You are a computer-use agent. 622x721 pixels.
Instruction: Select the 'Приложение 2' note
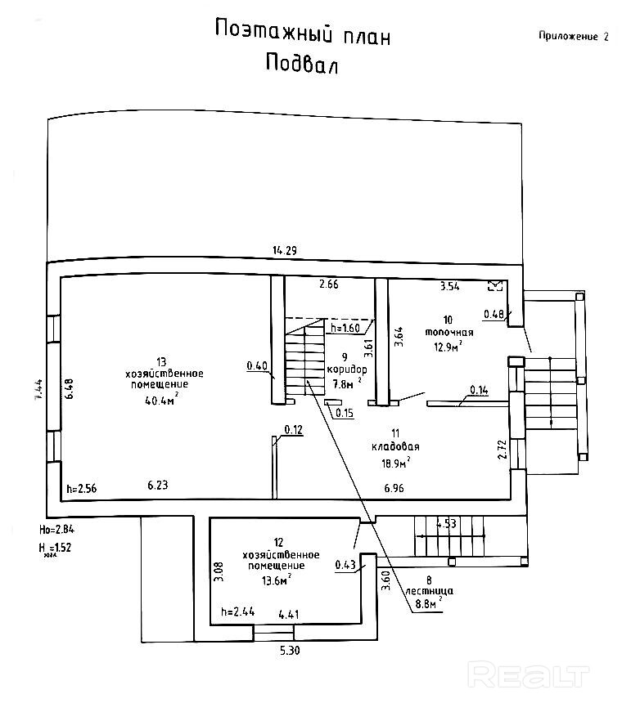[574, 36]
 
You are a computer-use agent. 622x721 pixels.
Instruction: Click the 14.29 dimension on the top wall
[285, 251]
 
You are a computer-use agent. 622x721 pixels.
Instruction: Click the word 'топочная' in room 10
[449, 333]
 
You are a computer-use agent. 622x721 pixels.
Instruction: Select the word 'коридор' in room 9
[345, 369]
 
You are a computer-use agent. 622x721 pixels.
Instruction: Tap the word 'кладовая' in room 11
[395, 447]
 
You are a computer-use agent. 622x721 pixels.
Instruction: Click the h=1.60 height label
[345, 329]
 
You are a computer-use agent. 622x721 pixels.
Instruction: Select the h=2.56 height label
[82, 488]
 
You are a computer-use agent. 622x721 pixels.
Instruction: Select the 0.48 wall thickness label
[494, 313]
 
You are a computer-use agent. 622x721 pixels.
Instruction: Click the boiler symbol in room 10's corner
[494, 285]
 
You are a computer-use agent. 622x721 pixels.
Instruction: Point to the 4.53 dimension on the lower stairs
[446, 524]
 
